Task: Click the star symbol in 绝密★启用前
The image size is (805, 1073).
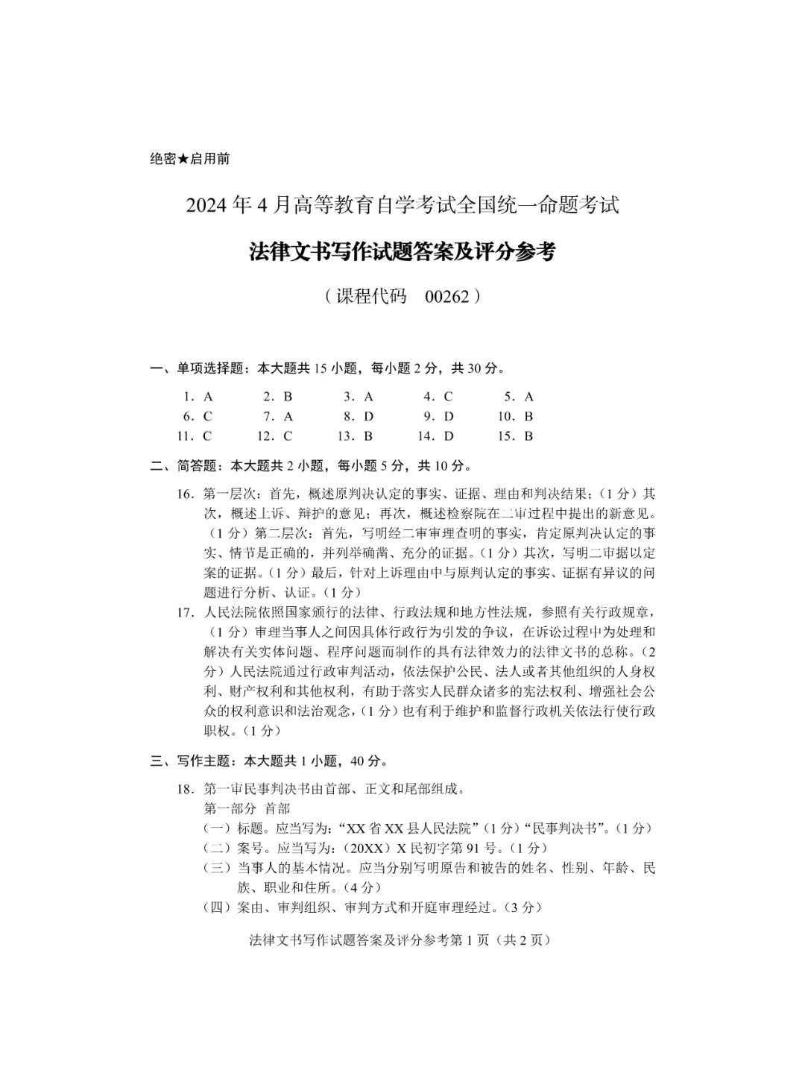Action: [183, 159]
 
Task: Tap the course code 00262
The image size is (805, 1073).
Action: [447, 297]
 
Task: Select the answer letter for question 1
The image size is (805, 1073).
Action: [208, 397]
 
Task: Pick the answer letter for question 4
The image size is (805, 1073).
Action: [448, 397]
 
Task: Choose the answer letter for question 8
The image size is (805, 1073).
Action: [368, 416]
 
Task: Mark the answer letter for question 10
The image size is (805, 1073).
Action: [528, 416]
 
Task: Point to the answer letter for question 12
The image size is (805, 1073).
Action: [288, 436]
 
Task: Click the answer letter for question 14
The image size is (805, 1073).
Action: [448, 436]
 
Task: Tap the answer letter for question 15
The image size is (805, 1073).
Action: [528, 436]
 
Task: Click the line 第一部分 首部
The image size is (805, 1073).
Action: [247, 808]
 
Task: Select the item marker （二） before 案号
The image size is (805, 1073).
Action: [217, 848]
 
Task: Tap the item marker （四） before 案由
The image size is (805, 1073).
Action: [217, 907]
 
